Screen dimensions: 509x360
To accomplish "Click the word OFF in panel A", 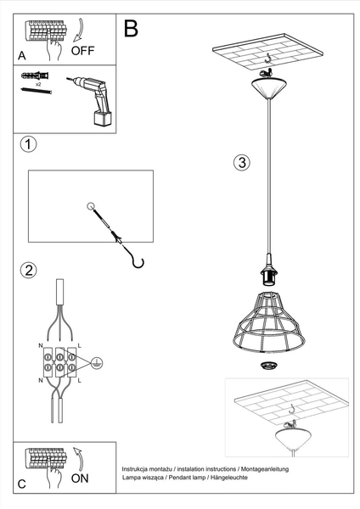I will click(x=83, y=50).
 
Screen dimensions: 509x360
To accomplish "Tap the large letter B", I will click(x=132, y=28).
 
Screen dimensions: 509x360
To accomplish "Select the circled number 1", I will click(x=29, y=144).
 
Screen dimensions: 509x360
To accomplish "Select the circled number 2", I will click(x=29, y=271).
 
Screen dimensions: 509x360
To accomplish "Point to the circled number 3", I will click(x=241, y=163).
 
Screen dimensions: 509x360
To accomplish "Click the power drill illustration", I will click(x=95, y=98).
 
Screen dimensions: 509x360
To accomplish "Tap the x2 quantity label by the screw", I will click(x=39, y=87).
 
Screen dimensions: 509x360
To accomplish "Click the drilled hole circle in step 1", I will click(x=91, y=206).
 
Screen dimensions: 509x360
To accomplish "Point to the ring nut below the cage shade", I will click(x=269, y=365).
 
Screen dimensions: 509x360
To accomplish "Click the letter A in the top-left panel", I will click(x=21, y=54).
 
